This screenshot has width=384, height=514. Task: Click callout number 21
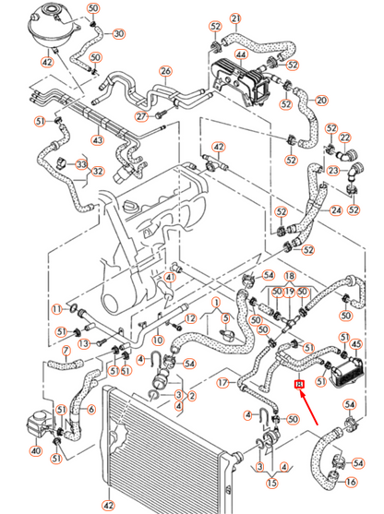[x=234, y=18]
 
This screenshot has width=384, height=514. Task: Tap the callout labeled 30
[x=119, y=35]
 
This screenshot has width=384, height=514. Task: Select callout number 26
[x=165, y=71]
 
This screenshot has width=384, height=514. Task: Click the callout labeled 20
[x=321, y=101]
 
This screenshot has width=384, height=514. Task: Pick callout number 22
[x=346, y=137]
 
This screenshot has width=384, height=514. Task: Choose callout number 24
[x=336, y=211]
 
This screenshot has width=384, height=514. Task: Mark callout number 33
[x=81, y=165]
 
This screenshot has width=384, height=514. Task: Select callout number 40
[x=36, y=451]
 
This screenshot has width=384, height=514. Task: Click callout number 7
[x=66, y=351]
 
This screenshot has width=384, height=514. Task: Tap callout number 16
[x=351, y=481]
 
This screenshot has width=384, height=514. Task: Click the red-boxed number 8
[x=298, y=385]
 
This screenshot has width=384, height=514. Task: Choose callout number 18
[x=289, y=276]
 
